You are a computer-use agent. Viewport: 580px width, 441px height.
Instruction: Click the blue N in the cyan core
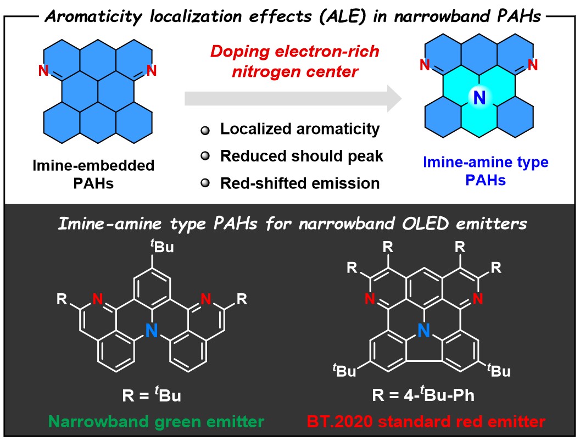[479, 98]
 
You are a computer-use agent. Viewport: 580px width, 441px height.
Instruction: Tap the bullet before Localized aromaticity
[205, 130]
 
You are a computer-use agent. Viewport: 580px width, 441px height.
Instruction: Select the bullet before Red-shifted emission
[205, 183]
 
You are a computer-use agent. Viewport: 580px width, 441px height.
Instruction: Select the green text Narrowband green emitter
[147, 422]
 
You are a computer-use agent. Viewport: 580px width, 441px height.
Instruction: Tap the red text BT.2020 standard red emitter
[425, 422]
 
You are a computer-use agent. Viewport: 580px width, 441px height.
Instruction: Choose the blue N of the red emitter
[422, 330]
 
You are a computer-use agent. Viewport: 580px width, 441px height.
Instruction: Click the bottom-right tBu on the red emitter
[498, 372]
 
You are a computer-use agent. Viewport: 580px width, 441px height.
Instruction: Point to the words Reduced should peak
[302, 156]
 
